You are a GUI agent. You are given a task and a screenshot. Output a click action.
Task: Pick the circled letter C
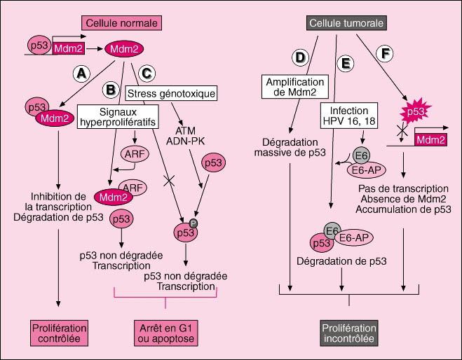pyautogui.click(x=147, y=71)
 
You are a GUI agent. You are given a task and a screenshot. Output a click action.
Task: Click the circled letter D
pyautogui.click(x=301, y=57)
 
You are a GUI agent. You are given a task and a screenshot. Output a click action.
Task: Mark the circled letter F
pyautogui.click(x=385, y=53)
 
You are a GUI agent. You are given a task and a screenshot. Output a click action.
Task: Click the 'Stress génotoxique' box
pyautogui.click(x=170, y=92)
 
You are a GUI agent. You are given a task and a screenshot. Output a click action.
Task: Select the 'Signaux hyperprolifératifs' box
pyautogui.click(x=116, y=117)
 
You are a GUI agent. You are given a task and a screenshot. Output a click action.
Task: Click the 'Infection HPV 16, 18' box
pyautogui.click(x=348, y=114)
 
